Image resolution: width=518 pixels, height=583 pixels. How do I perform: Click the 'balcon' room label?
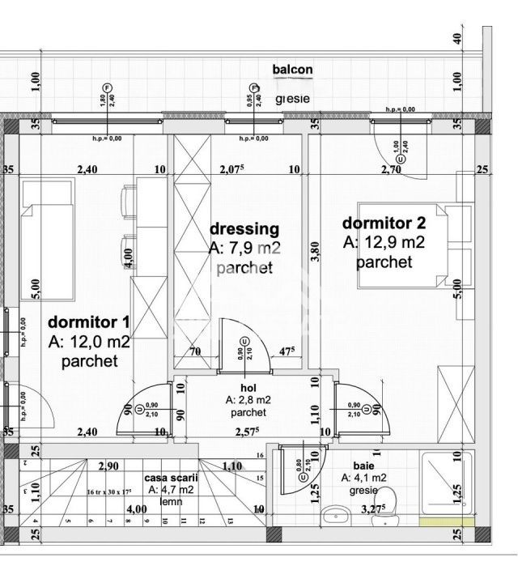[292, 70]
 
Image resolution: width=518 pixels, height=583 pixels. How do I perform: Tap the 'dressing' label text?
[244, 229]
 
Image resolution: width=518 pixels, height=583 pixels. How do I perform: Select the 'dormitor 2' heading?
[384, 223]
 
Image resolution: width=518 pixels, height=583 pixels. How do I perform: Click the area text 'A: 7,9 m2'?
[244, 249]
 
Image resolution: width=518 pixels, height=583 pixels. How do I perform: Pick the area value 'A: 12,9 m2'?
[384, 242]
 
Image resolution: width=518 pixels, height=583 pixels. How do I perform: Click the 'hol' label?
[249, 388]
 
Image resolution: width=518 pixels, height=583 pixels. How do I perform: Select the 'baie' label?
[363, 466]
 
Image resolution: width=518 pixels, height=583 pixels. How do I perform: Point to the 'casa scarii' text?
[171, 478]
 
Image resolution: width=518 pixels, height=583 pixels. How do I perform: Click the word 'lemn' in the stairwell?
[171, 501]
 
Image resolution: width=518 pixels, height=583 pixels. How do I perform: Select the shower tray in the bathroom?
[446, 483]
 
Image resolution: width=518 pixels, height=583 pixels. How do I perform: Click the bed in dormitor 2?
[405, 245]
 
